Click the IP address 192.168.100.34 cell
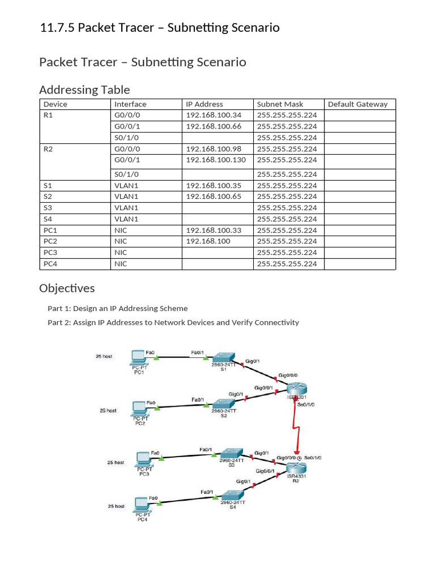[x=214, y=115]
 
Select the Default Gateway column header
[x=357, y=104]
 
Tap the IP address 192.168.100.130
[x=216, y=160]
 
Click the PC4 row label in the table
[x=50, y=263]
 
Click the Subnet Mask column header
[x=280, y=104]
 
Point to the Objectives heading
[x=67, y=288]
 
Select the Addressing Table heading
[x=84, y=89]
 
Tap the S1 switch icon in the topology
[x=223, y=358]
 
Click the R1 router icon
[x=296, y=389]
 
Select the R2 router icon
[x=296, y=468]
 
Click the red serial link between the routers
[x=295, y=425]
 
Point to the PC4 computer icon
[x=142, y=504]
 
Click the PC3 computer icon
[x=144, y=458]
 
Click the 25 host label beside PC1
[x=103, y=356]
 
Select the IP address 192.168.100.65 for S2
[x=214, y=197]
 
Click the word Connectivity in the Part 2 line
[x=276, y=322]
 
